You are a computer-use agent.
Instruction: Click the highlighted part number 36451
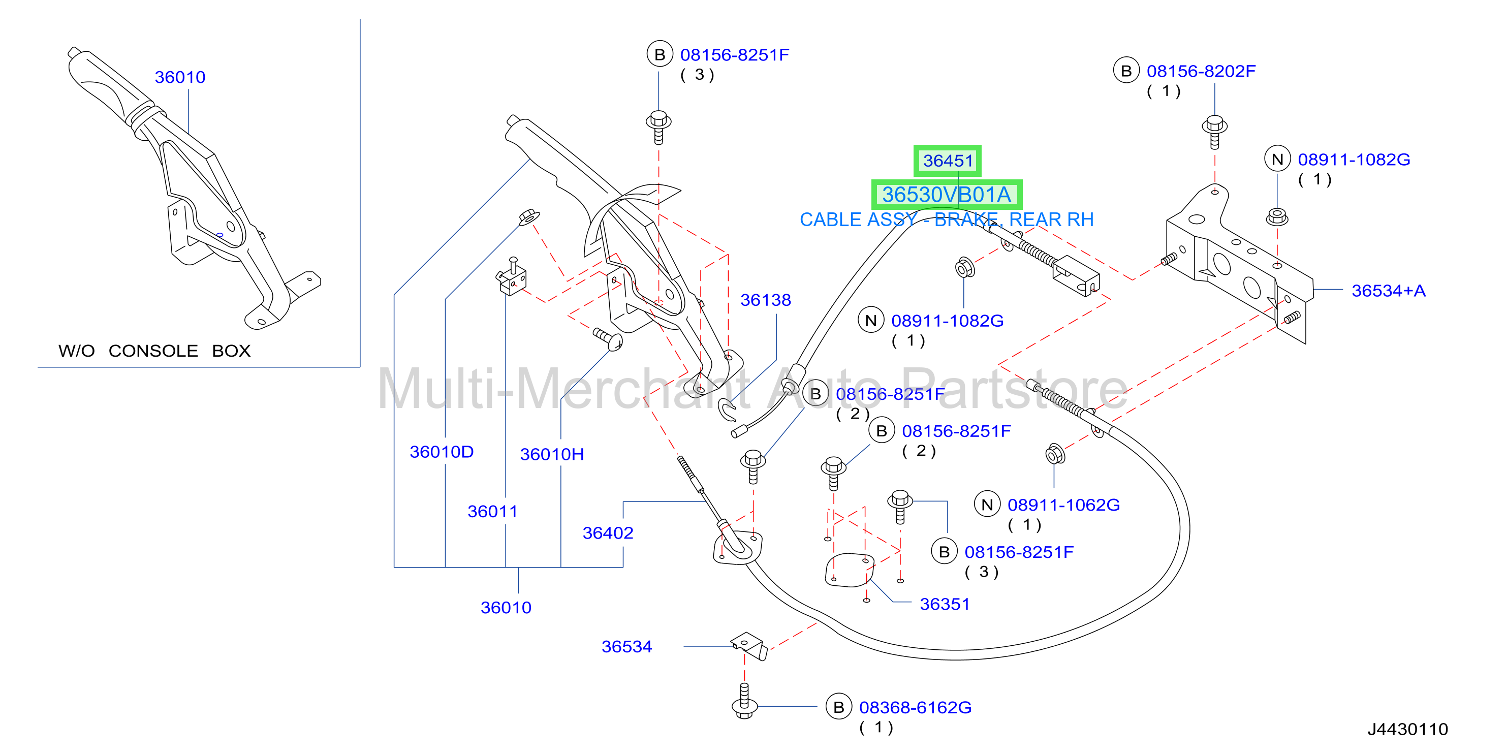(948, 161)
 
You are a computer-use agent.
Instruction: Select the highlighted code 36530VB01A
(947, 195)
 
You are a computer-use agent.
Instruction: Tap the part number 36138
(765, 300)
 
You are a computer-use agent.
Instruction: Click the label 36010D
(442, 452)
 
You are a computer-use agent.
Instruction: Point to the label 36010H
(552, 454)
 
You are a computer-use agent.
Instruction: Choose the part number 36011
(492, 512)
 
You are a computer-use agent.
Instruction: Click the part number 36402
(608, 533)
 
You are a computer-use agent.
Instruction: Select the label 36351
(945, 604)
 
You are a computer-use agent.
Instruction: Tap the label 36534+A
(1389, 291)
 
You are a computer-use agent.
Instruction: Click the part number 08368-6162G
(915, 707)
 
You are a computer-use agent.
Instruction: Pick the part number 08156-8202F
(1201, 71)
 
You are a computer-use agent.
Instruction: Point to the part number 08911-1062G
(1063, 505)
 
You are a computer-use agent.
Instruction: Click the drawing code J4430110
(1408, 729)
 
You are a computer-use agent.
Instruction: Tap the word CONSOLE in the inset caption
(153, 351)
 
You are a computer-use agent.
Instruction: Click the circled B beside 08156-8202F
(1126, 71)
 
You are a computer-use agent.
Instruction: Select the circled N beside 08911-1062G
(987, 505)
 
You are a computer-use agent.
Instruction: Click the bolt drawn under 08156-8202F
(1214, 132)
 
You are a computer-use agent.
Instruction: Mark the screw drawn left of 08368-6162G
(744, 701)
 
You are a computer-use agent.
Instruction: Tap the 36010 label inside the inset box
(179, 77)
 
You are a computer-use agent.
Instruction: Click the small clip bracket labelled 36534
(749, 645)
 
